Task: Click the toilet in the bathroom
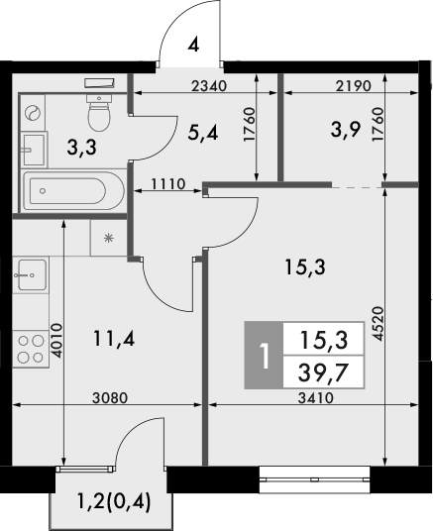pyautogui.click(x=99, y=116)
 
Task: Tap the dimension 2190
pyautogui.click(x=354, y=86)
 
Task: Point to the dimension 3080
pyautogui.click(x=110, y=398)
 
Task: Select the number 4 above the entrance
pyautogui.click(x=194, y=44)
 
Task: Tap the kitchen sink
pyautogui.click(x=29, y=272)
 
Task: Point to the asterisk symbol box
pyautogui.click(x=108, y=238)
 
